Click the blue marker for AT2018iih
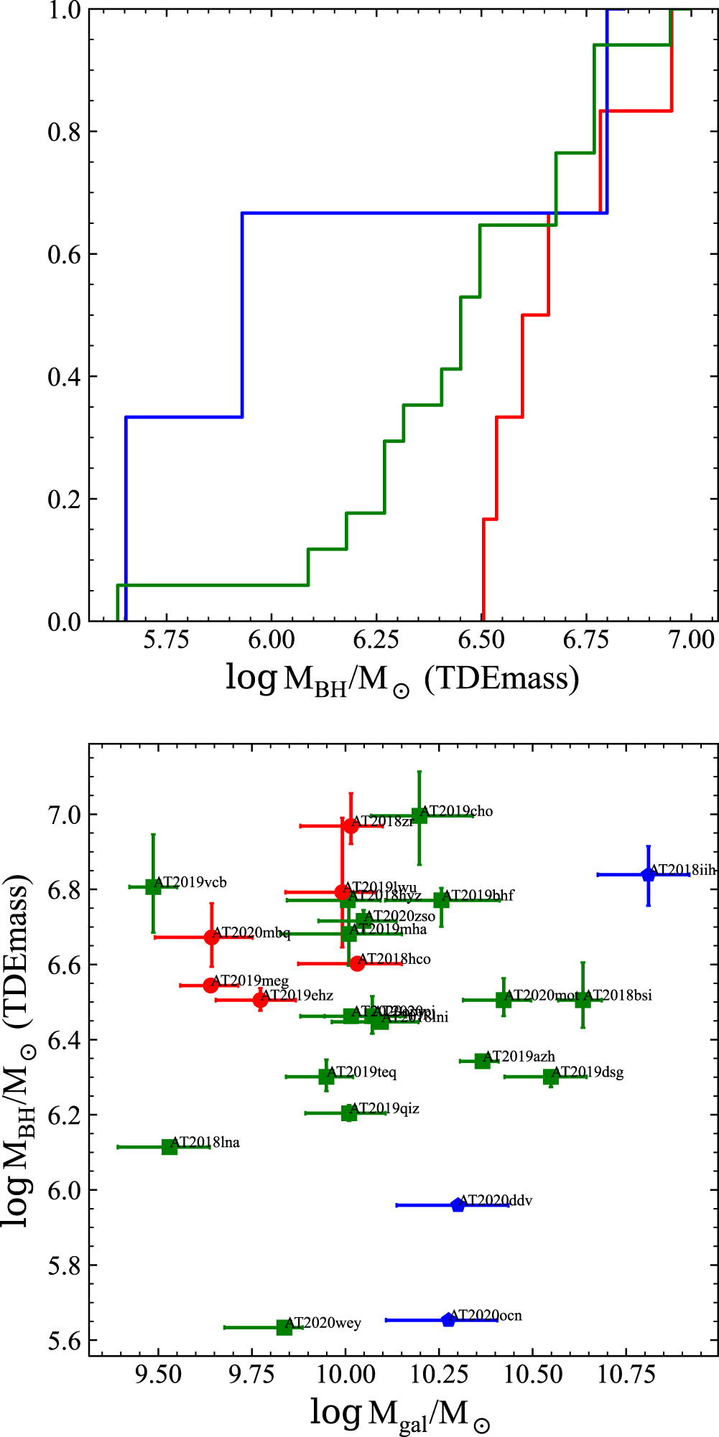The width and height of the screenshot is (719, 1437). pos(648,874)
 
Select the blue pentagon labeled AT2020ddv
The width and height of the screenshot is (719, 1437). pos(458,1205)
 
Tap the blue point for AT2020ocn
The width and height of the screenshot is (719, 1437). pos(448,1319)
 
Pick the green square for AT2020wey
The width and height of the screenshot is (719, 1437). pos(284,1327)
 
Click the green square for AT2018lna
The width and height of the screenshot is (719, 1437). pos(170,1146)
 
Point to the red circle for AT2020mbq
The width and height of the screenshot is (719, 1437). pos(211,937)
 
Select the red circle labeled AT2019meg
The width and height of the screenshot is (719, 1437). pos(210,985)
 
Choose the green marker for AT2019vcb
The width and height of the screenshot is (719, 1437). pos(153,886)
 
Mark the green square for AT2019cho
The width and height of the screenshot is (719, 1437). pos(419,815)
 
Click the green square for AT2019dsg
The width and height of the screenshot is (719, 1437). pos(551,1077)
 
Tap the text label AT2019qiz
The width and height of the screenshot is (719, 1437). pos(384,1108)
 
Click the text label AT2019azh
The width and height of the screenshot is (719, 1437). pos(519,1056)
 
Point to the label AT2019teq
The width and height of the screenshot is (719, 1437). pos(361,1072)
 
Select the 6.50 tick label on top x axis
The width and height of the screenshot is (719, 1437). pos(481,640)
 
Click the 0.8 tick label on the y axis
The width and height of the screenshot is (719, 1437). pos(63,132)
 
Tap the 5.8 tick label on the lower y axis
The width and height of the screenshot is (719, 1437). pos(65,1265)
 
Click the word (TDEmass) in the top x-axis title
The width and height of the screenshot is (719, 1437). pos(501,678)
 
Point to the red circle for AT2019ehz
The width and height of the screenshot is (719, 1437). pos(260,1000)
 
